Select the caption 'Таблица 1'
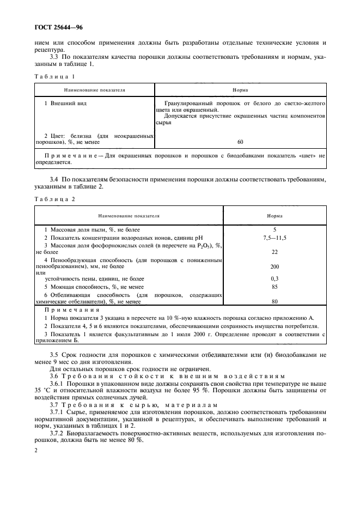tap(54, 76)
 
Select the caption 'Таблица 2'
tap(54, 199)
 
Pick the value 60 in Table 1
tap(240, 142)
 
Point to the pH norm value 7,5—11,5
tap(274, 238)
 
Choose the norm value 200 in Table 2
tap(274, 267)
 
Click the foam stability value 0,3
tap(274, 278)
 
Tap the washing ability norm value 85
tap(274, 286)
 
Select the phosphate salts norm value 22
tap(274, 252)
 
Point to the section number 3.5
tap(54, 355)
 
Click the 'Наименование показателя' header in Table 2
tap(128, 216)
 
